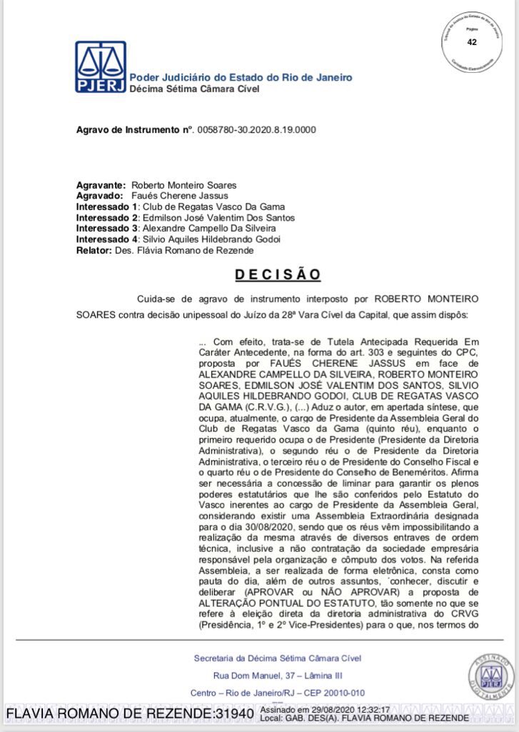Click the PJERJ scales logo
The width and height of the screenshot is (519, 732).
(101, 66)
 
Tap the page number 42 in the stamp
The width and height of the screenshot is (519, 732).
(472, 42)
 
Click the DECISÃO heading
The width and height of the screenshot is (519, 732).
(278, 274)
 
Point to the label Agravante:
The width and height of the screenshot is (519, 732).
(101, 184)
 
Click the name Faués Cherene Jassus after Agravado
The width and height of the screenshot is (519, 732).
(180, 195)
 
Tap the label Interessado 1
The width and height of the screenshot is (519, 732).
(108, 207)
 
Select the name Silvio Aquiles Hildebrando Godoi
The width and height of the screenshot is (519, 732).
(212, 239)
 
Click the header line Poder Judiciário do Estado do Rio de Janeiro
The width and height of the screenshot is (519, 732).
(241, 78)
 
